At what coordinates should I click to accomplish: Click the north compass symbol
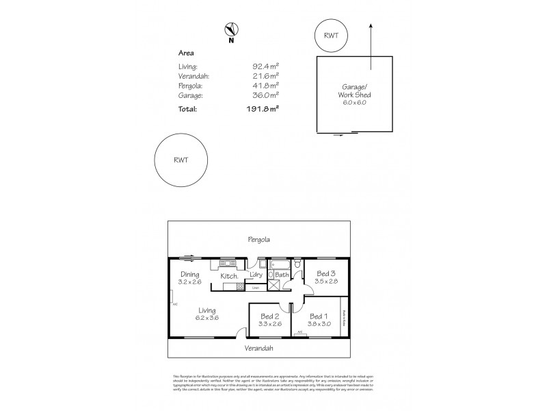[231, 29]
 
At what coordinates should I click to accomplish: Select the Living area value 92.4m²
[266, 66]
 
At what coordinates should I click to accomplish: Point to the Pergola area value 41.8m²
[266, 87]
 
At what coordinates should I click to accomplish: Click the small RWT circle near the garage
[330, 35]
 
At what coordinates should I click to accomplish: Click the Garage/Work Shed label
[354, 91]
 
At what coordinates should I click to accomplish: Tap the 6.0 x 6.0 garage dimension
[354, 102]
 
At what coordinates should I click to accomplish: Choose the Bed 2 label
[269, 316]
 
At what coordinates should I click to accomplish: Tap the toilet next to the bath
[298, 265]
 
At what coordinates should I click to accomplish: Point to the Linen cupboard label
[255, 288]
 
